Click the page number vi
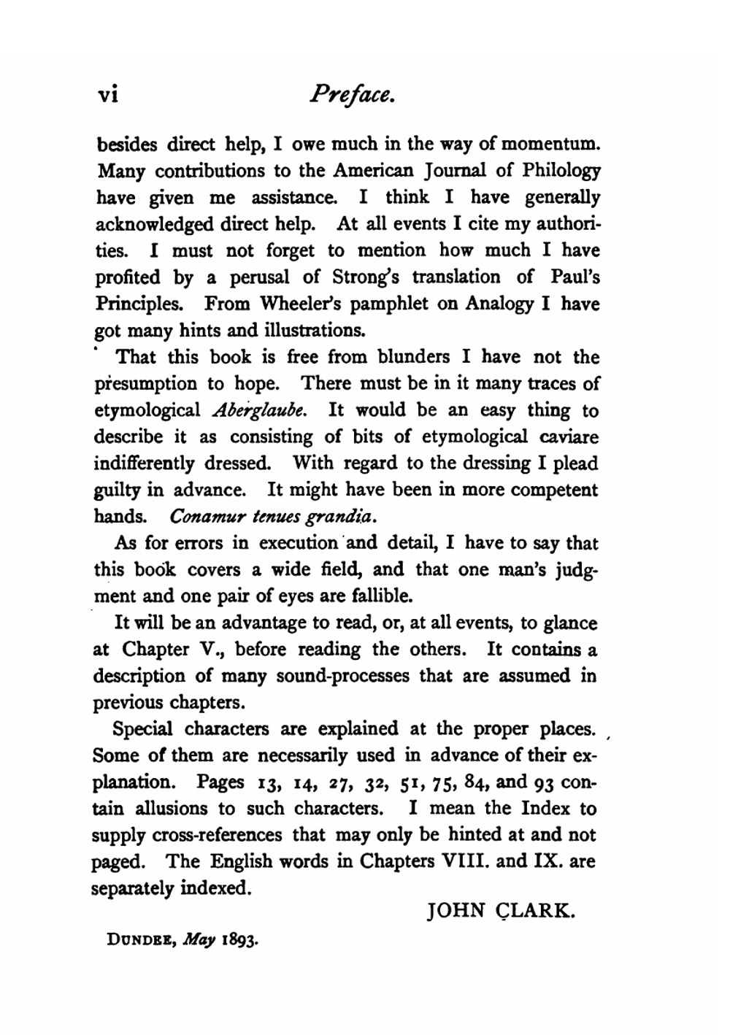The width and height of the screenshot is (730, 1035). point(107,96)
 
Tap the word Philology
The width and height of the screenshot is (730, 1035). point(561,171)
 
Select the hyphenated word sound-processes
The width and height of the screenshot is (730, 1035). point(342,676)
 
